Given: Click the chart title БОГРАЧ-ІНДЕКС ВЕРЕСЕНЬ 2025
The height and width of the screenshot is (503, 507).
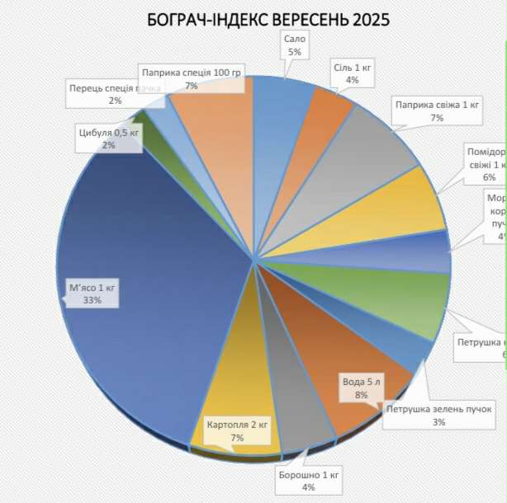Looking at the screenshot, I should (x=268, y=19).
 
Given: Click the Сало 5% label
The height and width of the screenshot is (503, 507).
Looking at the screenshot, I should (x=294, y=45).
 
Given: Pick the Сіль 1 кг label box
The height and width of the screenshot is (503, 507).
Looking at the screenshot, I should (x=352, y=73).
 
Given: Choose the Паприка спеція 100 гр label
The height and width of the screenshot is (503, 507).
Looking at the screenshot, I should (x=191, y=78).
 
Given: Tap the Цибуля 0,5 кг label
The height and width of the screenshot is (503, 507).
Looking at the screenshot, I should (x=108, y=138).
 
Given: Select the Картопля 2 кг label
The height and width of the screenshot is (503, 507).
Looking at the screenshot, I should (x=237, y=431).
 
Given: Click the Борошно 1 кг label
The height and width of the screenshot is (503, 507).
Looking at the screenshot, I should (x=308, y=482).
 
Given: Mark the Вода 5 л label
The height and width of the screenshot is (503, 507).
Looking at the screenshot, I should (x=362, y=388).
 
